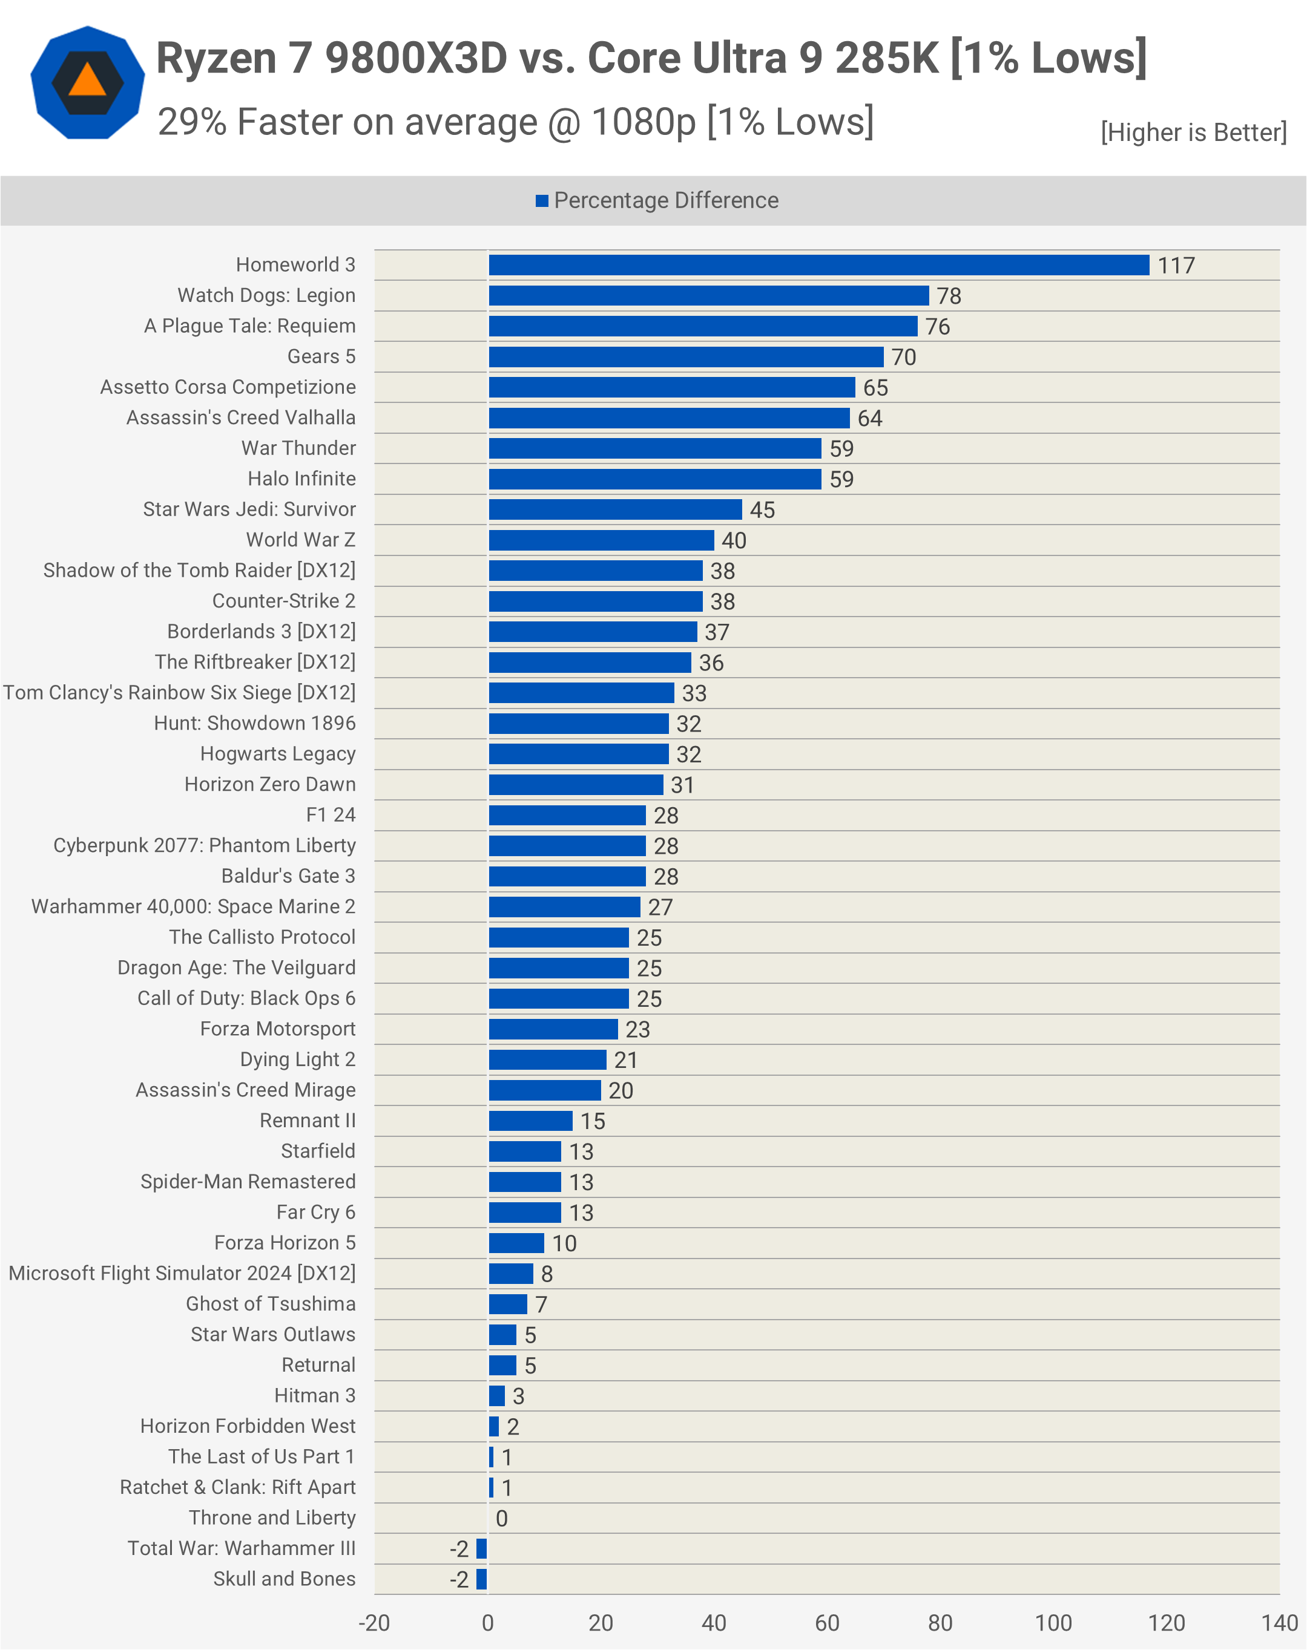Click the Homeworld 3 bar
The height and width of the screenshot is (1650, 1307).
[x=819, y=264]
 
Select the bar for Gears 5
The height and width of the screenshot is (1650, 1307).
[x=686, y=356]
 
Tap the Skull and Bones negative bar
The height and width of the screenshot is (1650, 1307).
[x=481, y=1579]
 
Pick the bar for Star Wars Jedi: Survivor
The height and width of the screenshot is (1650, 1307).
[x=615, y=509]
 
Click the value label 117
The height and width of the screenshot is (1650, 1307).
[x=1176, y=266]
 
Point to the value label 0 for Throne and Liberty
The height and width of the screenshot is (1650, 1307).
[x=501, y=1519]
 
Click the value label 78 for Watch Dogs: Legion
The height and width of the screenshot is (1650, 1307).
[x=949, y=296]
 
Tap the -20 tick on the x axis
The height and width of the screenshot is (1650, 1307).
[x=374, y=1622]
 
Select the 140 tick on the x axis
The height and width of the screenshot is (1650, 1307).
[x=1279, y=1622]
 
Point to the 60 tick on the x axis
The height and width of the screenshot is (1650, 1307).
[x=827, y=1622]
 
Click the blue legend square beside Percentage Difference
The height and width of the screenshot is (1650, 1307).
[x=542, y=200]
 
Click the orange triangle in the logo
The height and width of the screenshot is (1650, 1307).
[x=87, y=81]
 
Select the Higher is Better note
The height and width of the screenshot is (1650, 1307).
[x=1193, y=133]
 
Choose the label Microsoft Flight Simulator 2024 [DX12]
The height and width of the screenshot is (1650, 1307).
[x=182, y=1273]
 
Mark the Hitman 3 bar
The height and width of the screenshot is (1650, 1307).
[x=496, y=1396]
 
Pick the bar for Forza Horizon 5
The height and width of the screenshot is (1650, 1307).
[x=516, y=1243]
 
